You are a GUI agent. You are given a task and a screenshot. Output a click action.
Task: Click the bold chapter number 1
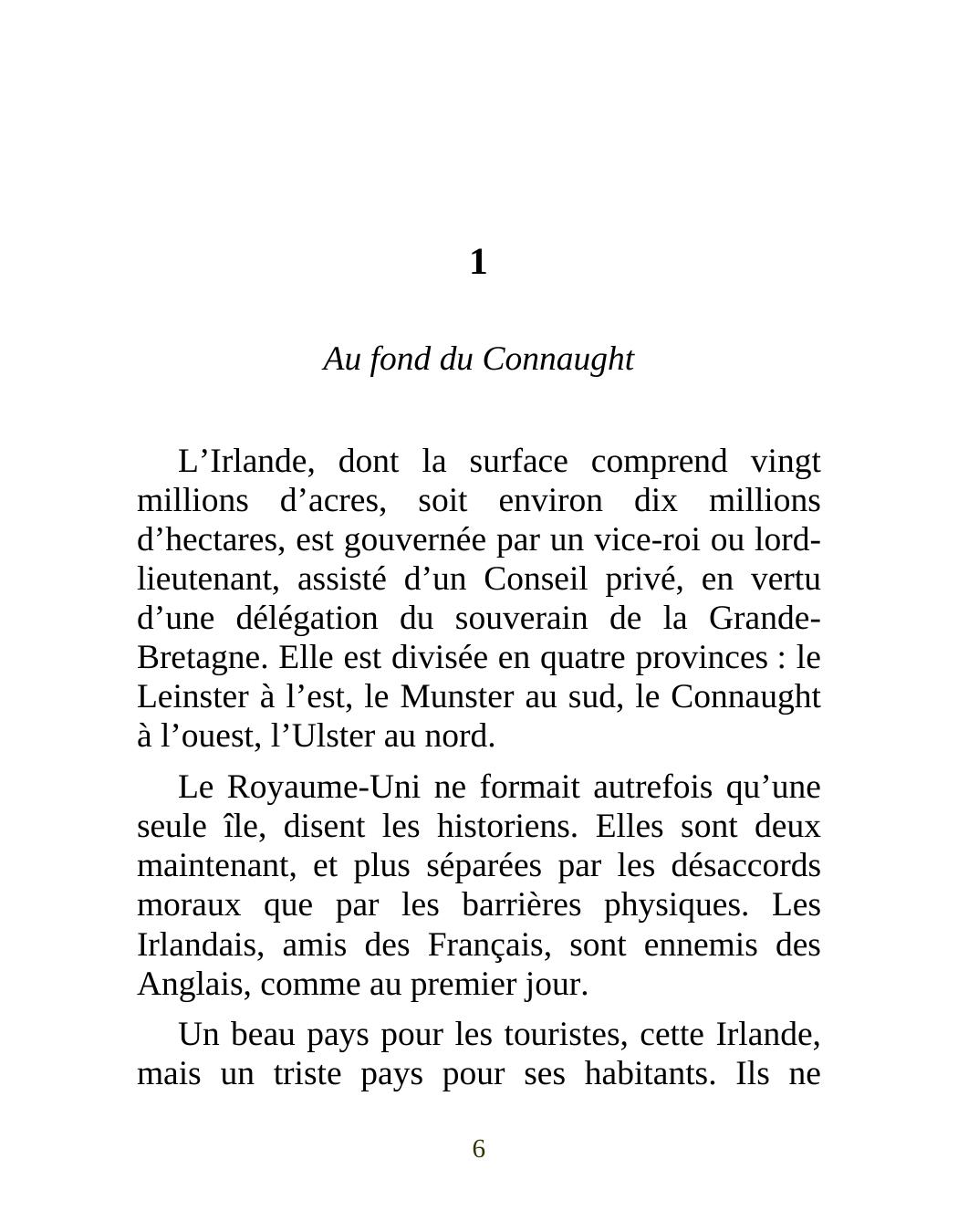478,263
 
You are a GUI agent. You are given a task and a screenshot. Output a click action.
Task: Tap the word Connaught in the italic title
557,360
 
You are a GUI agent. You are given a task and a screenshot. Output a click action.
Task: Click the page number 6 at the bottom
478,1149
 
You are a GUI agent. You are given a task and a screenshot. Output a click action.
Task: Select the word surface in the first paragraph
517,462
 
